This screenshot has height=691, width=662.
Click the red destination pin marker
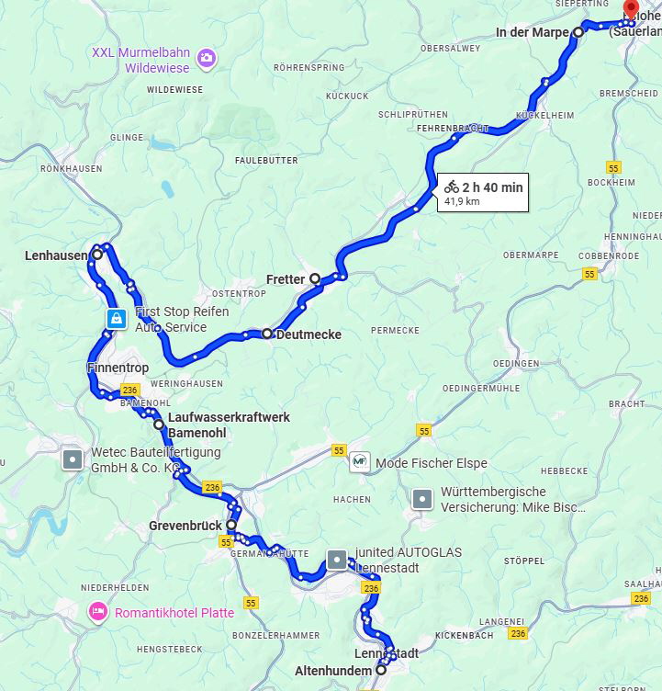click(x=631, y=9)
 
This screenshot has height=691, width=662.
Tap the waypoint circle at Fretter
click(x=315, y=278)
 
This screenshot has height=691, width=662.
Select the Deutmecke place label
click(x=309, y=335)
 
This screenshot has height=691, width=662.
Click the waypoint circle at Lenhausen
click(x=96, y=255)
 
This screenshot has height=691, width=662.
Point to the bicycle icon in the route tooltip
click(x=451, y=187)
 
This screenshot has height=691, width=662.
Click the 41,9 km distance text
click(x=462, y=201)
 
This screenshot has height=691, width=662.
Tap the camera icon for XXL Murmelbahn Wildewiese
click(x=208, y=59)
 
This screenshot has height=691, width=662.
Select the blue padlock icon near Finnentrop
click(x=116, y=319)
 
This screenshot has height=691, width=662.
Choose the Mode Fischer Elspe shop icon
click(x=359, y=462)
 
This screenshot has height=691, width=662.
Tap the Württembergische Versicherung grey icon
click(x=421, y=499)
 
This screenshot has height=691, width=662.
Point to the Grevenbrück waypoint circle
click(x=231, y=525)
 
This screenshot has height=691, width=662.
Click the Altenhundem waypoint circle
click(x=381, y=671)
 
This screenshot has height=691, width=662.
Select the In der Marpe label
click(x=532, y=32)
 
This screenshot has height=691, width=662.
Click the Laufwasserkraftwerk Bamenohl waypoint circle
click(x=159, y=425)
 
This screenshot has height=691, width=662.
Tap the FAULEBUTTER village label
click(x=266, y=160)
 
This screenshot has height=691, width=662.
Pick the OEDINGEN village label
click(x=516, y=364)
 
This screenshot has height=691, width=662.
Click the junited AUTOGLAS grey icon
click(x=338, y=559)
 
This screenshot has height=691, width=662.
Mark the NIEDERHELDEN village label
click(x=115, y=586)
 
